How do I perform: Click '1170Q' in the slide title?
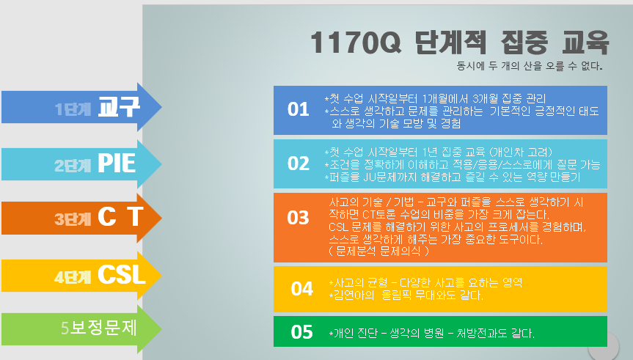pos(356,43)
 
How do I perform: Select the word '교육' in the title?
pos(585,43)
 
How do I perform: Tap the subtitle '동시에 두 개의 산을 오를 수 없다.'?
pos(530,66)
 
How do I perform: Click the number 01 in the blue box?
pos(298,109)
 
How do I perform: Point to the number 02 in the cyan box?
pos(299,164)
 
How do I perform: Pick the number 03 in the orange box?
pos(298,218)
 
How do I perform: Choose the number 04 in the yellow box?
pos(302,289)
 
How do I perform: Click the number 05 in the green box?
pos(302,332)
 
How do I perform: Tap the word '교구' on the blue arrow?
pos(119,107)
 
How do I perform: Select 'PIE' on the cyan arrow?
pos(117,163)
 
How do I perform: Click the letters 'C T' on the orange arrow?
pos(121,216)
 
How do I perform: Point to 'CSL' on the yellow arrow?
pos(122,275)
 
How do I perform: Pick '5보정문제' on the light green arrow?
pos(99,328)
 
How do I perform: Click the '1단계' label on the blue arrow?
pos(73,109)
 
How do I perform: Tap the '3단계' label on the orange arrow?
pos(73,219)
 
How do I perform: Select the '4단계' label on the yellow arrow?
pos(73,277)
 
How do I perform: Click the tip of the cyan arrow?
pos(161,164)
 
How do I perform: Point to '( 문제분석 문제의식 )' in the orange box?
pos(378,251)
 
